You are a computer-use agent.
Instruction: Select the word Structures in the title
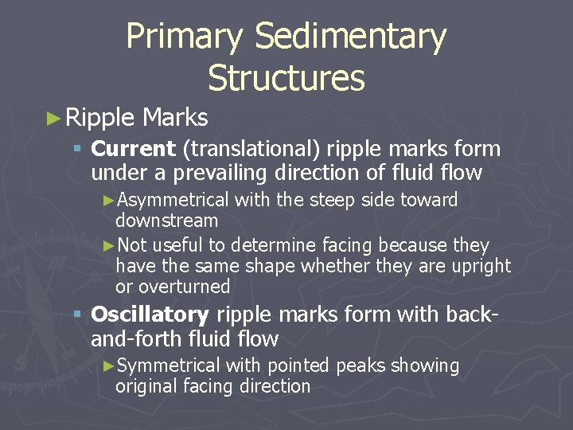(x=286, y=78)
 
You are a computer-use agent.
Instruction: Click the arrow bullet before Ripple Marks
(x=53, y=119)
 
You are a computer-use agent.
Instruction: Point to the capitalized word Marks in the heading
(x=175, y=118)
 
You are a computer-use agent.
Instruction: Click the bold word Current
(x=133, y=149)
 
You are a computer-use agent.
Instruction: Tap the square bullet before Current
(x=76, y=150)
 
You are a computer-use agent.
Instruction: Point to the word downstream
(x=166, y=220)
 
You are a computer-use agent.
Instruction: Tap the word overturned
(x=185, y=287)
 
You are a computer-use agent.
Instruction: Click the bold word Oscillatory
(x=150, y=315)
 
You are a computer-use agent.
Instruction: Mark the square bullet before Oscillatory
(x=76, y=315)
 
